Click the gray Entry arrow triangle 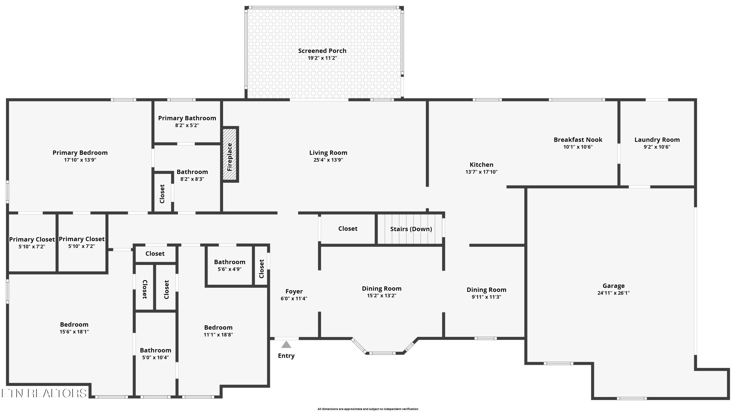pos(286,345)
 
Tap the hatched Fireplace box pos(230,154)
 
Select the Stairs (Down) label pos(411,229)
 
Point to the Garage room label pos(613,286)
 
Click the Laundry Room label pos(657,140)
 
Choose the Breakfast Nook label pos(578,140)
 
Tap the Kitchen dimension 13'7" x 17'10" pos(481,172)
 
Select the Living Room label pos(328,153)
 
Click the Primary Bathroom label pos(187,118)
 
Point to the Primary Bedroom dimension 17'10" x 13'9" pos(80,160)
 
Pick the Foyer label pos(294,291)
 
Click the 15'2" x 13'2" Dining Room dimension pos(382,296)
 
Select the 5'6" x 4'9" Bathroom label pos(230,262)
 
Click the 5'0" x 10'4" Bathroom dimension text pos(156,357)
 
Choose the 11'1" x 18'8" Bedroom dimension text pos(218,335)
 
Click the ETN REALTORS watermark pos(44,393)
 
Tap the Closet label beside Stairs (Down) pos(348,228)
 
